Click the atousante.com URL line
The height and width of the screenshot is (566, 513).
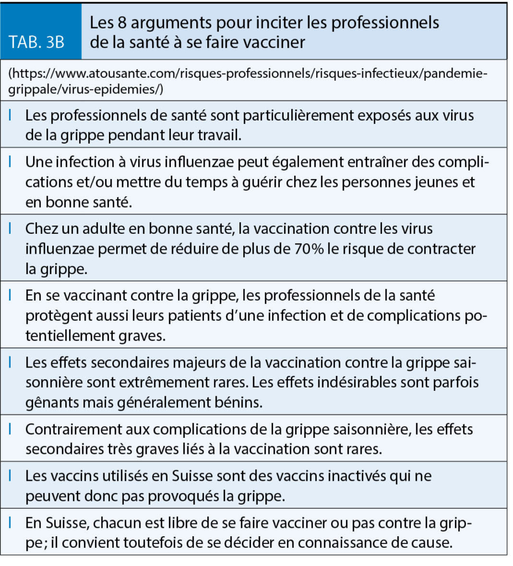tap(249, 74)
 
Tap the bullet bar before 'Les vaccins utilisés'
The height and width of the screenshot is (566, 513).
tap(12, 476)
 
